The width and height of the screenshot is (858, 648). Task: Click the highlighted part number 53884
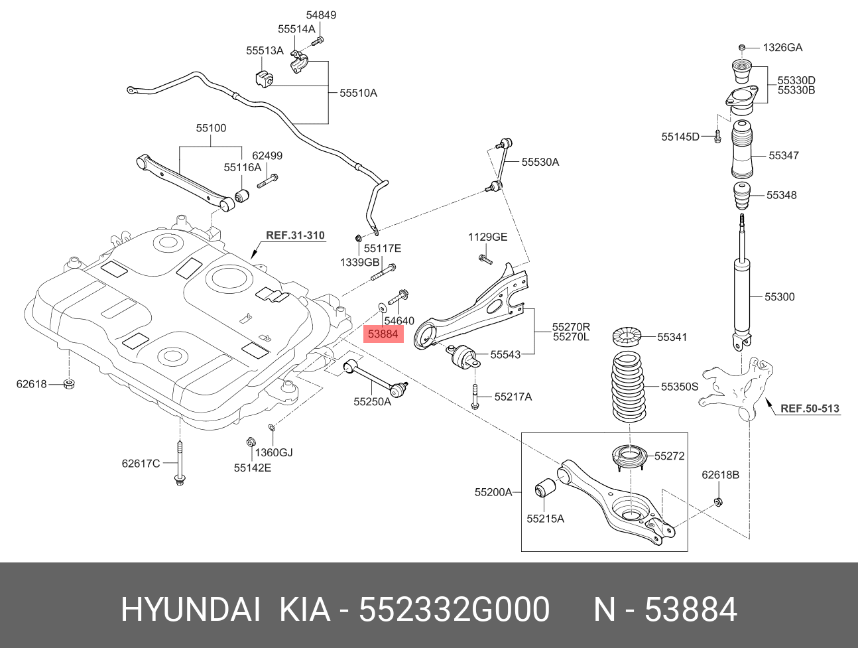pos(383,334)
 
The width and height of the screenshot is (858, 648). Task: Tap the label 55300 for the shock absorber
pos(779,297)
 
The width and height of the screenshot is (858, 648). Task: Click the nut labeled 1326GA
pos(743,47)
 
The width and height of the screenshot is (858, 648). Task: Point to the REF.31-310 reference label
pos(295,235)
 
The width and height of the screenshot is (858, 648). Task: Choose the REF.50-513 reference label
pos(810,409)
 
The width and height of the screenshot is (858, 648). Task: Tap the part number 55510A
pos(358,94)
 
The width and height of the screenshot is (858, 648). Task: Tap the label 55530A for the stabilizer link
pos(540,162)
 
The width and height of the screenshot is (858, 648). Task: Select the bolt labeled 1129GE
pos(485,257)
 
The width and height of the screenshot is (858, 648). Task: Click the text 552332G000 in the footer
pos(454,610)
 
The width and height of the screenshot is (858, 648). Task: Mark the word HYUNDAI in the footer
pos(190,610)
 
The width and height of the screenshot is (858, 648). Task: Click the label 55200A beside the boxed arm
pos(493,492)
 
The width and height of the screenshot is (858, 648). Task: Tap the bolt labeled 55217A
pos(475,396)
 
